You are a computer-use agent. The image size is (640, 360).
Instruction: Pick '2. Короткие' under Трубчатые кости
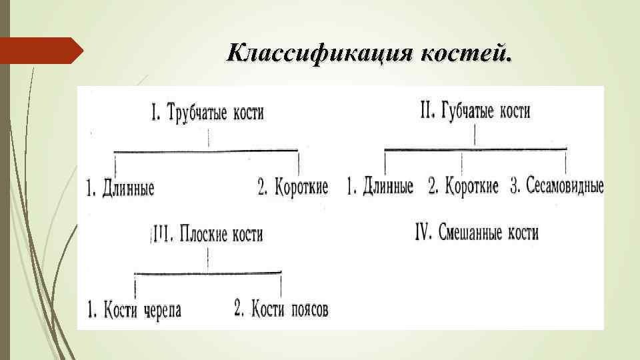pos(293,187)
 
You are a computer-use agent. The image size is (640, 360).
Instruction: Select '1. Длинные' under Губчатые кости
pos(380,186)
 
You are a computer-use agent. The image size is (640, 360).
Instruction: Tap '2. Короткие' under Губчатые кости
pos(463,186)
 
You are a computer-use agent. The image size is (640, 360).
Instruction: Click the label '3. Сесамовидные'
pos(557,186)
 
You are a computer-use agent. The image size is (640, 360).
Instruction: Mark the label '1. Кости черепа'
pos(134,310)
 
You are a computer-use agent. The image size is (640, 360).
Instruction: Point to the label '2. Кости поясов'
pos(281,309)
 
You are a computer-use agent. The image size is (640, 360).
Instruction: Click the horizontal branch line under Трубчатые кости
pos(207,151)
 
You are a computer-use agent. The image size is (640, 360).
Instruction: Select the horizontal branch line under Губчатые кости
pos(475,149)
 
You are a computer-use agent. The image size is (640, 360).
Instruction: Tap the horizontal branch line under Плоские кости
pos(208,272)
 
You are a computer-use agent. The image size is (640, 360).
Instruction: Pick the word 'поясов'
pos(309,309)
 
